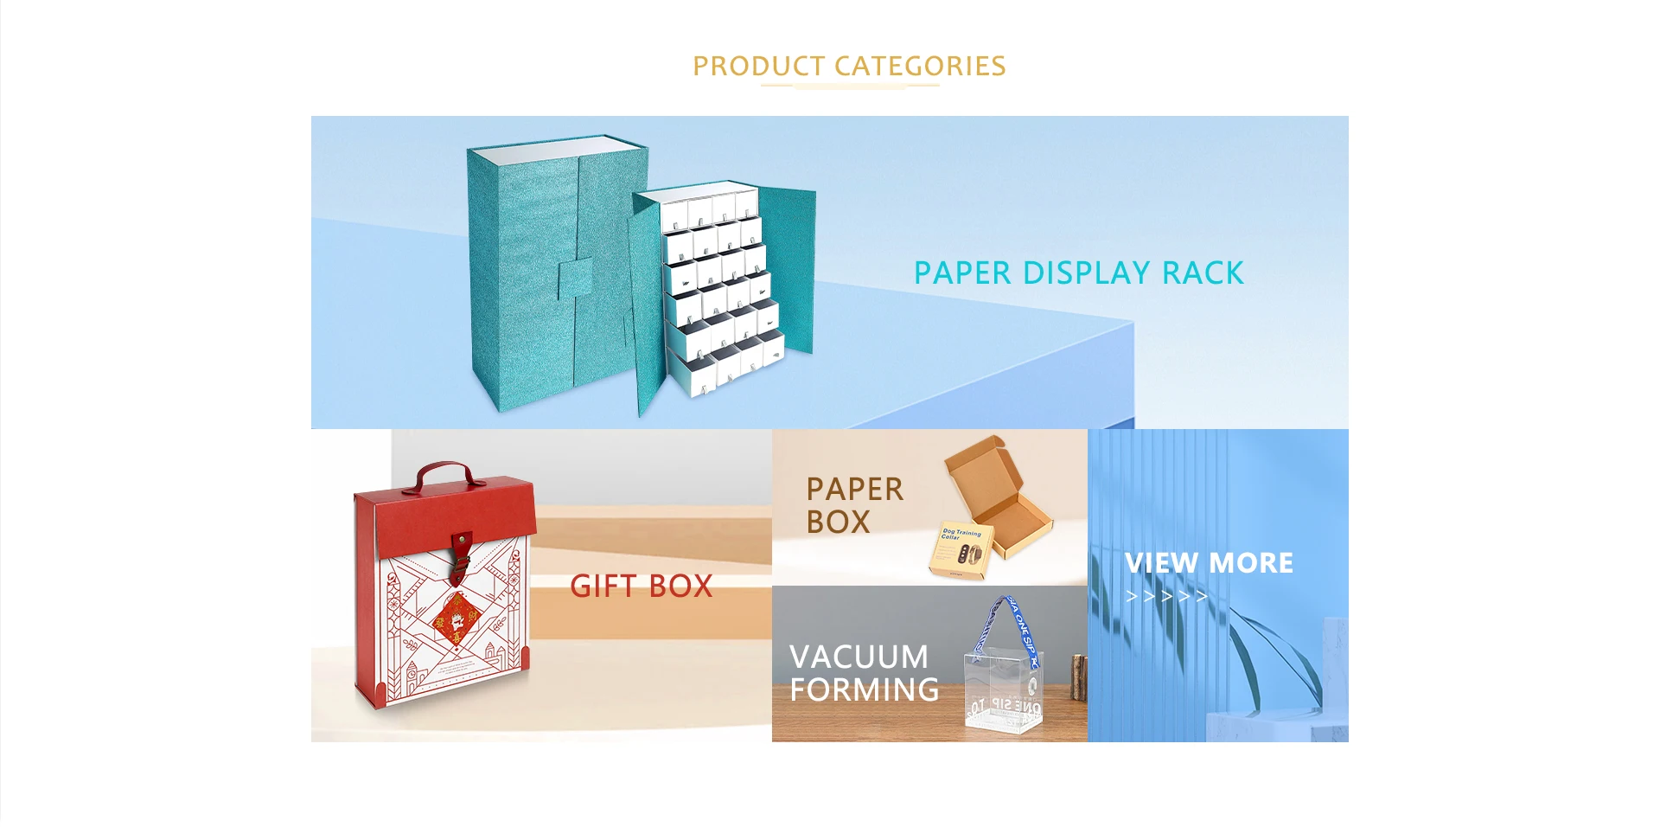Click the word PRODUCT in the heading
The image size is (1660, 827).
coord(758,66)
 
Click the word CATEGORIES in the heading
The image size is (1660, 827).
coord(920,66)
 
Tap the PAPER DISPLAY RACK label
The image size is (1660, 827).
coord(1078,273)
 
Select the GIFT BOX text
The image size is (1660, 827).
coord(641,587)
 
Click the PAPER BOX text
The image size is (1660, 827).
coord(854,505)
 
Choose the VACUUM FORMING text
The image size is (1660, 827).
coord(863,673)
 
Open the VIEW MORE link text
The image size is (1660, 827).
coord(1209,563)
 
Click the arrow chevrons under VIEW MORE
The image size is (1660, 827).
coord(1166,596)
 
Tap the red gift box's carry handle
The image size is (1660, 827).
coord(446,475)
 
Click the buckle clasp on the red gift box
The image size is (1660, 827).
coord(460,551)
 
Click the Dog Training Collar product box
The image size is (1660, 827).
coord(961,550)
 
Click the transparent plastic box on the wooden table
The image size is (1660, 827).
coord(1004,692)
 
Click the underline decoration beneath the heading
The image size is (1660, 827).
coord(849,86)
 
